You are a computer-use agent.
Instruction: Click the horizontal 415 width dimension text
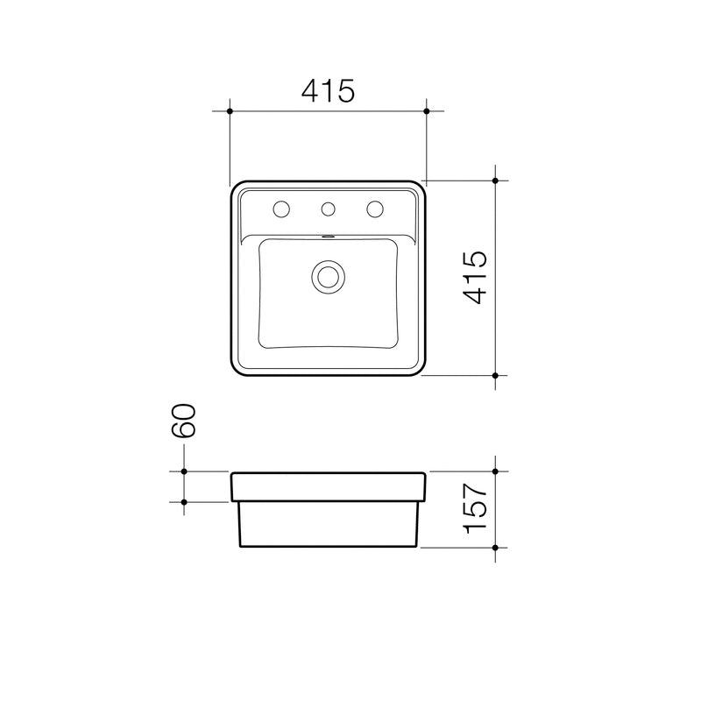[328, 89]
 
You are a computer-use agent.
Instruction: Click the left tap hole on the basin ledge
[281, 209]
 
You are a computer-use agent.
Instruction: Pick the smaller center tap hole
[329, 209]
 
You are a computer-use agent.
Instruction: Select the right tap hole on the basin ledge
[375, 209]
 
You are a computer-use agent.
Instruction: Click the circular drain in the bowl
[329, 276]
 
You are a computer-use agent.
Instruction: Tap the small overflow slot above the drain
[329, 236]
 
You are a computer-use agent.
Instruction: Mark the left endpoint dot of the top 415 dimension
[230, 111]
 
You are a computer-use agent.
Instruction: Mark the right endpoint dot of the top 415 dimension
[427, 111]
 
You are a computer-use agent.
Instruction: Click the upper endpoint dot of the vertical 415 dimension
[495, 181]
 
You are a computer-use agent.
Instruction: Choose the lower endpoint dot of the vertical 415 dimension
[495, 375]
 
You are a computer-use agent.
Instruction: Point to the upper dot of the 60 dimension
[184, 471]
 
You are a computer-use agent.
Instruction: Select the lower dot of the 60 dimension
[184, 502]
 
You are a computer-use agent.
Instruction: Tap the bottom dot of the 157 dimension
[495, 548]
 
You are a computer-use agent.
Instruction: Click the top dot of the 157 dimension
[495, 471]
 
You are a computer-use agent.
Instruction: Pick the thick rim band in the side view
[329, 486]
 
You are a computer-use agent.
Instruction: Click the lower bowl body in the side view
[329, 524]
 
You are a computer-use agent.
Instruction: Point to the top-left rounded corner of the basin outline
[234, 188]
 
